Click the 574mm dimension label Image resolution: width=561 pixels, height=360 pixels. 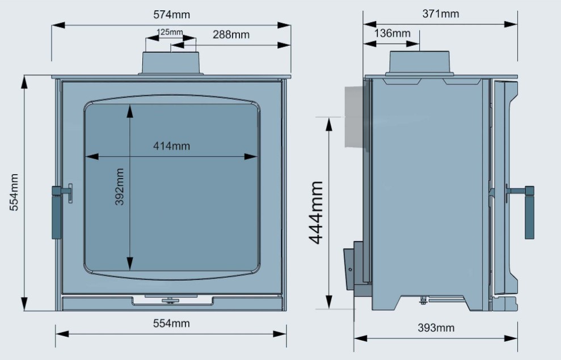171,15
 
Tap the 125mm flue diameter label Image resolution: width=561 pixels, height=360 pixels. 170,32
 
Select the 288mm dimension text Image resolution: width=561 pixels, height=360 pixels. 231,35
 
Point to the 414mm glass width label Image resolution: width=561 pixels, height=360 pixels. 171,146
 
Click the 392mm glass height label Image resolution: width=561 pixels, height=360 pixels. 120,187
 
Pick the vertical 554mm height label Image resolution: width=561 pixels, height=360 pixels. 14,192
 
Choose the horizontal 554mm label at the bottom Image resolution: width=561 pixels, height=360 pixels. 171,323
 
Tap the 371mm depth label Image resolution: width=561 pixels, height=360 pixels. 440,14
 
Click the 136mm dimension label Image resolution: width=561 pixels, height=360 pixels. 392,33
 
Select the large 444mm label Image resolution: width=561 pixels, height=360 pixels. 317,213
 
